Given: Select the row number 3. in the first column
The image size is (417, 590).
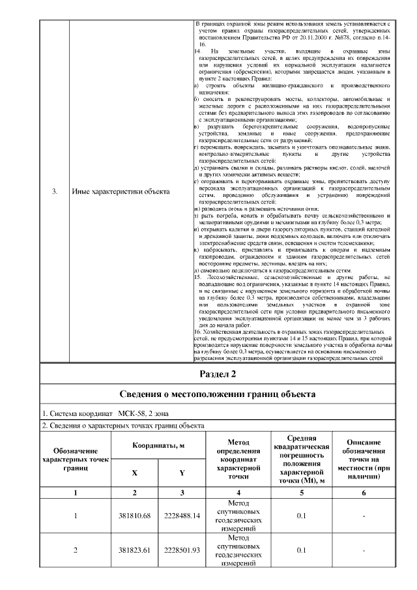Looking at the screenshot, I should [55, 191].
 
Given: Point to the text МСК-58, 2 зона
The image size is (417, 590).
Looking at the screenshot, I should [145, 413].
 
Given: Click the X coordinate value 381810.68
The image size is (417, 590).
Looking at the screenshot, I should [134, 516].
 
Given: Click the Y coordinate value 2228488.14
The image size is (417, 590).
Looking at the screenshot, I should [182, 516].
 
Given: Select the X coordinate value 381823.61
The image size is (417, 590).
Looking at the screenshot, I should [134, 550].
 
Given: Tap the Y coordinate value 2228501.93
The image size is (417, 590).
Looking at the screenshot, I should [182, 550].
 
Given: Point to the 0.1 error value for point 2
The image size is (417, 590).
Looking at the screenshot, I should [301, 550].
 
